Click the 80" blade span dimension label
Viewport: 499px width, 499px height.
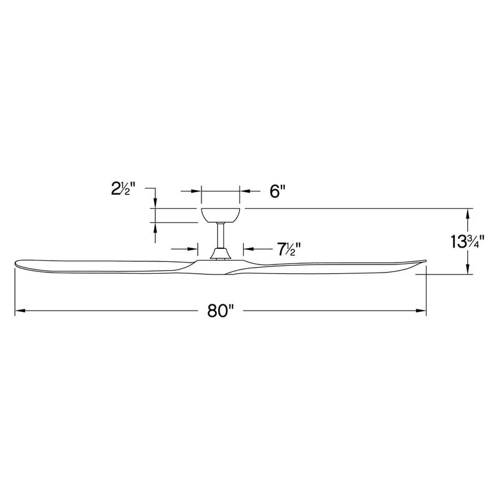pyautogui.click(x=220, y=311)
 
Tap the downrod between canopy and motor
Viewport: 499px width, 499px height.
pyautogui.click(x=220, y=235)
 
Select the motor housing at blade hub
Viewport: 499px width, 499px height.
pyautogui.click(x=220, y=253)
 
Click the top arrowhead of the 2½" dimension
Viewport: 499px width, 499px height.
pyautogui.click(x=155, y=203)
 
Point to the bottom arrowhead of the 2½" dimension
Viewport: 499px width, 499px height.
pyautogui.click(x=155, y=227)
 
